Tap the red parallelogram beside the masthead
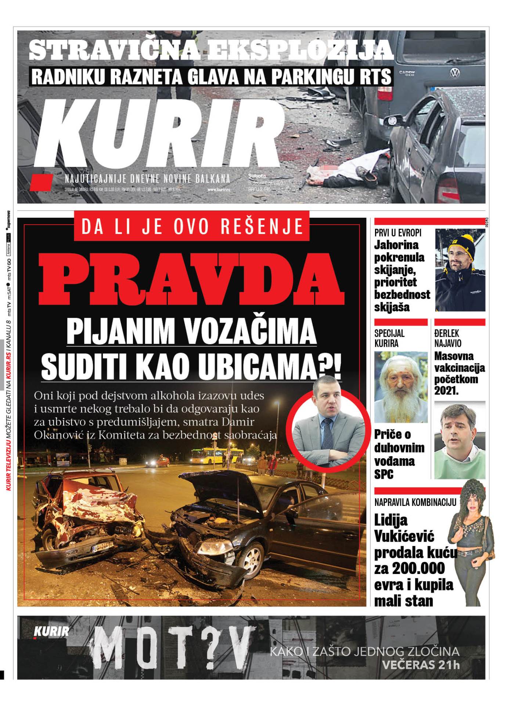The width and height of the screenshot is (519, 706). tap(41, 182)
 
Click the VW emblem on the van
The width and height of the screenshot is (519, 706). tap(455, 73)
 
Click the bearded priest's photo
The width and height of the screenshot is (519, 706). tap(401, 387)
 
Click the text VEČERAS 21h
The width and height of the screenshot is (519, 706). tap(420, 665)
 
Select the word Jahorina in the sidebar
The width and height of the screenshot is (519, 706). tap(396, 245)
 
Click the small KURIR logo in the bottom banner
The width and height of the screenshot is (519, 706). tap(51, 632)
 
